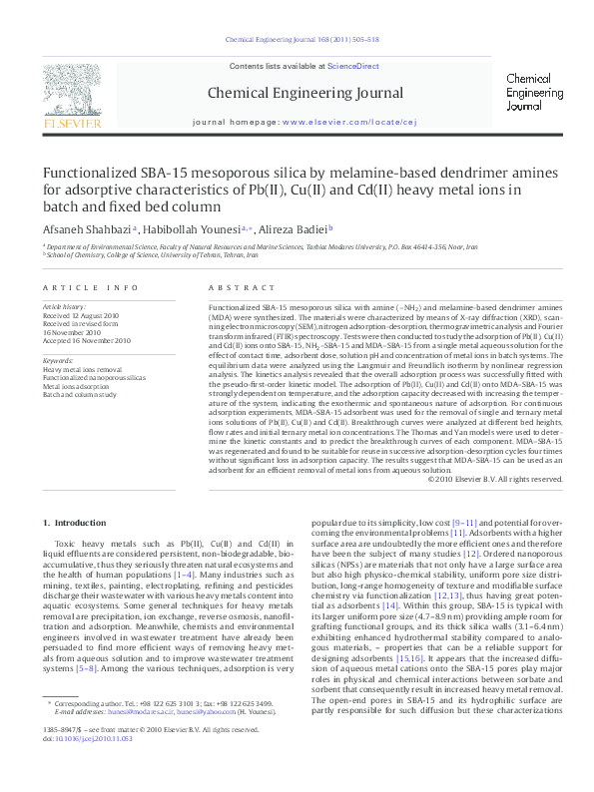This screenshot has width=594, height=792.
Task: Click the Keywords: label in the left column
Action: click(58, 360)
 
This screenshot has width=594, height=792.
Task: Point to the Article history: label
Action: click(64, 307)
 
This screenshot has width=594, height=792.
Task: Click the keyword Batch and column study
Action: click(79, 394)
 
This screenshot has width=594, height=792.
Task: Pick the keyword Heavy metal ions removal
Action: click(83, 369)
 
